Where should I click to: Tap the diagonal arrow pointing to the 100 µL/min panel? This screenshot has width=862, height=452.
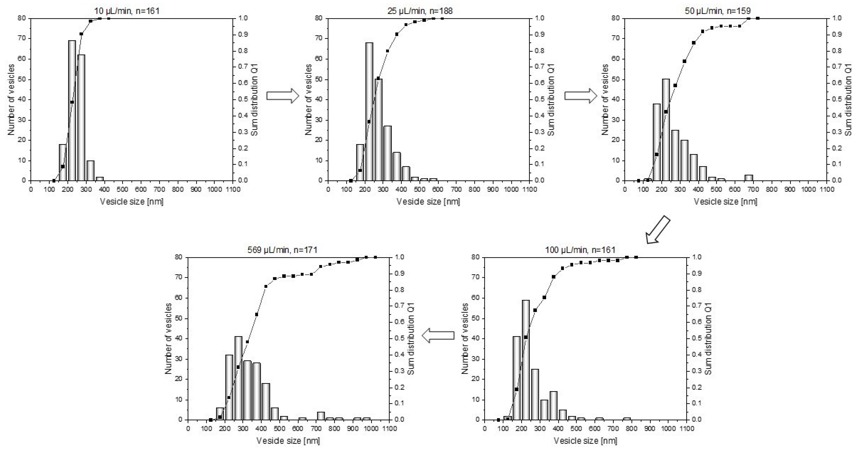pos(658,230)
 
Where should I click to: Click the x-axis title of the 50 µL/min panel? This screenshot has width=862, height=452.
pos(725,201)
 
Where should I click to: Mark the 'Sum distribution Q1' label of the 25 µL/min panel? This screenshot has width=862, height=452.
pos(551,99)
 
